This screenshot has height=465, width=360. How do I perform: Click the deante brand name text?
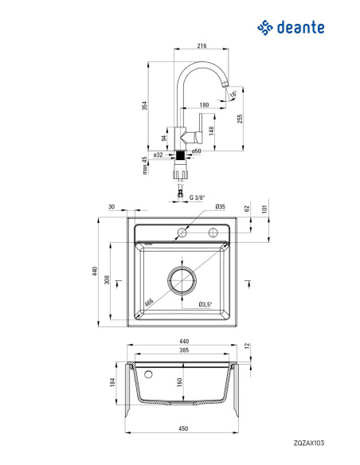[x=300, y=27]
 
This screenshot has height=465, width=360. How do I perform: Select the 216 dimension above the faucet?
[x=202, y=45]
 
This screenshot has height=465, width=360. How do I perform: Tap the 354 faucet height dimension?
[x=144, y=106]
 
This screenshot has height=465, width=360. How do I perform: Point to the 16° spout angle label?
[x=233, y=94]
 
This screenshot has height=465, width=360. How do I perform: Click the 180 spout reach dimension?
[x=204, y=104]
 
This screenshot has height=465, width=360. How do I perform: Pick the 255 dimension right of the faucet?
[x=240, y=119]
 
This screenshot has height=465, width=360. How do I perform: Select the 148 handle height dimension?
[x=211, y=131]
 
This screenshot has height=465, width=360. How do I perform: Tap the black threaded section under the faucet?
[x=180, y=155]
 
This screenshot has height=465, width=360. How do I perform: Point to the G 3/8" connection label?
[x=198, y=197]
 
